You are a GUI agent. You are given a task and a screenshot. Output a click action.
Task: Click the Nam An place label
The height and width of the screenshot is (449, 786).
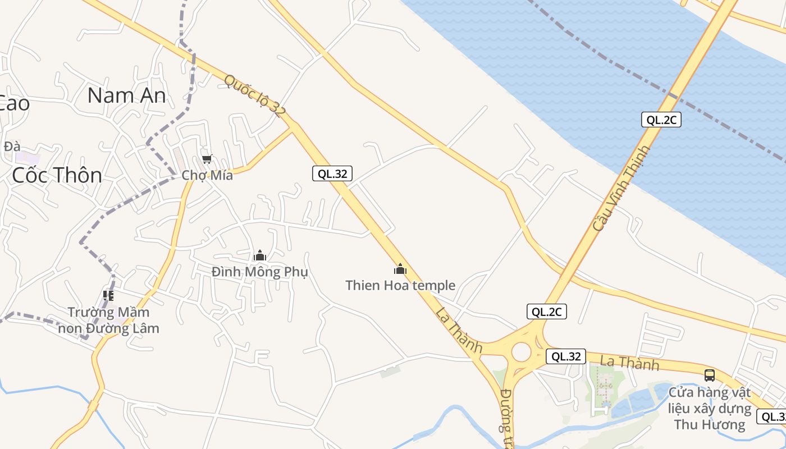pos(127,95)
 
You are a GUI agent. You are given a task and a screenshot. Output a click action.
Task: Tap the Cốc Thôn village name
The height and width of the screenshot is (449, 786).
pos(57,175)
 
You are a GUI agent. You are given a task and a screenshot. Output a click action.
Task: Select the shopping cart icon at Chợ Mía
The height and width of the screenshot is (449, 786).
pos(207,159)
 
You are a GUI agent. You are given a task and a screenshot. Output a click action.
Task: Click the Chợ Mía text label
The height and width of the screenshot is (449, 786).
pos(207,175)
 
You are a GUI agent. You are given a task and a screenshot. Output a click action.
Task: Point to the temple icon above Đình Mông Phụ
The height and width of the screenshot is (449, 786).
pos(259,256)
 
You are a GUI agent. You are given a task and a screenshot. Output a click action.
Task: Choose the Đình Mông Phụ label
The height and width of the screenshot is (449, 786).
pos(260,272)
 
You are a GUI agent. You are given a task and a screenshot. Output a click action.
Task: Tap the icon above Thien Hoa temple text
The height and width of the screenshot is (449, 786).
pos(400,269)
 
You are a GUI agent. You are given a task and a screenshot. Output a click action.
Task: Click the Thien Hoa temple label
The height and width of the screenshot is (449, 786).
pos(400,286)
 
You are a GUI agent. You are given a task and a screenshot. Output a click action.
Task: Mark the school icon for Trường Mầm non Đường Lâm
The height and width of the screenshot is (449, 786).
pos(108,295)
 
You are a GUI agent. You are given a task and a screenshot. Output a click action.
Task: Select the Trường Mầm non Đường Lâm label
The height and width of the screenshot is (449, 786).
pos(109,320)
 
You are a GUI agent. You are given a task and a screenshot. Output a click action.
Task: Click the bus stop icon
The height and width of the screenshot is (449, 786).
pos(710,375)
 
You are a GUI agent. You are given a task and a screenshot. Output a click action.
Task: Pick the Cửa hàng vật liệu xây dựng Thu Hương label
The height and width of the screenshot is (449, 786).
pos(710,408)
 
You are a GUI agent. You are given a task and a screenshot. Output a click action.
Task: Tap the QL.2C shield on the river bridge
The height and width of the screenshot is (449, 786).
pos(661,120)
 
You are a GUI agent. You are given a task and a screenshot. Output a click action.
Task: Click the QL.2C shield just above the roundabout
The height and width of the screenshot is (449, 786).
pos(546,312)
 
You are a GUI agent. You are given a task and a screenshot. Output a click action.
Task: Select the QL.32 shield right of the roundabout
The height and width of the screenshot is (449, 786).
pos(566,356)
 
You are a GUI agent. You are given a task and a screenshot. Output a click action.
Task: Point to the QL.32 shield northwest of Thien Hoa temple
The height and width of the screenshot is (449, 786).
pos(332,174)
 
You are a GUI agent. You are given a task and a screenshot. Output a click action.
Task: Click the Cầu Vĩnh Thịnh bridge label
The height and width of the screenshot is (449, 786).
pos(621,189)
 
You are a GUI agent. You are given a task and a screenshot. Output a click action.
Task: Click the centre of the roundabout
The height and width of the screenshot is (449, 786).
pos(521,352)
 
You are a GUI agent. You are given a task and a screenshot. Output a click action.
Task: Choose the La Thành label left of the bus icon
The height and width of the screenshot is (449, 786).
pos(629,363)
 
